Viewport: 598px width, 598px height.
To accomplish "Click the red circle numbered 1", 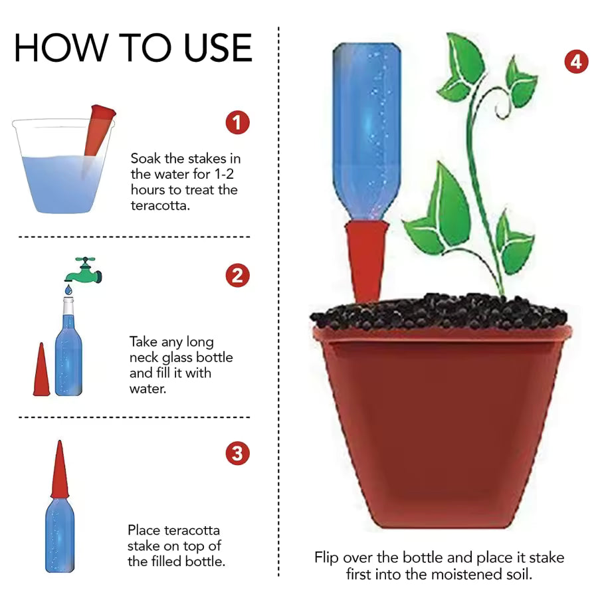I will click(237, 122).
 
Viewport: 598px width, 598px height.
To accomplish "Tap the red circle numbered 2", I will click(237, 275).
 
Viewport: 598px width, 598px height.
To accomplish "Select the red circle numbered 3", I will click(237, 454).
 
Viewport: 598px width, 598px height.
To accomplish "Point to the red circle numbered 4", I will click(576, 62).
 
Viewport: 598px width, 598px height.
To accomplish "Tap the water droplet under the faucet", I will click(67, 291).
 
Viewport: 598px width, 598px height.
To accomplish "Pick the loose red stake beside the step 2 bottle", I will click(41, 371).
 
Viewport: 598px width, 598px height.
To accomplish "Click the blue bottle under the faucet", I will click(67, 352).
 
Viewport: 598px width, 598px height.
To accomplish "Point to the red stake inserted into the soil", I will click(366, 259).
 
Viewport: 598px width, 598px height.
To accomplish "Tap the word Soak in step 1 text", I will click(144, 159).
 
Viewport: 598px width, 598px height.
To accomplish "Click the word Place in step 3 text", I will click(145, 530).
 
